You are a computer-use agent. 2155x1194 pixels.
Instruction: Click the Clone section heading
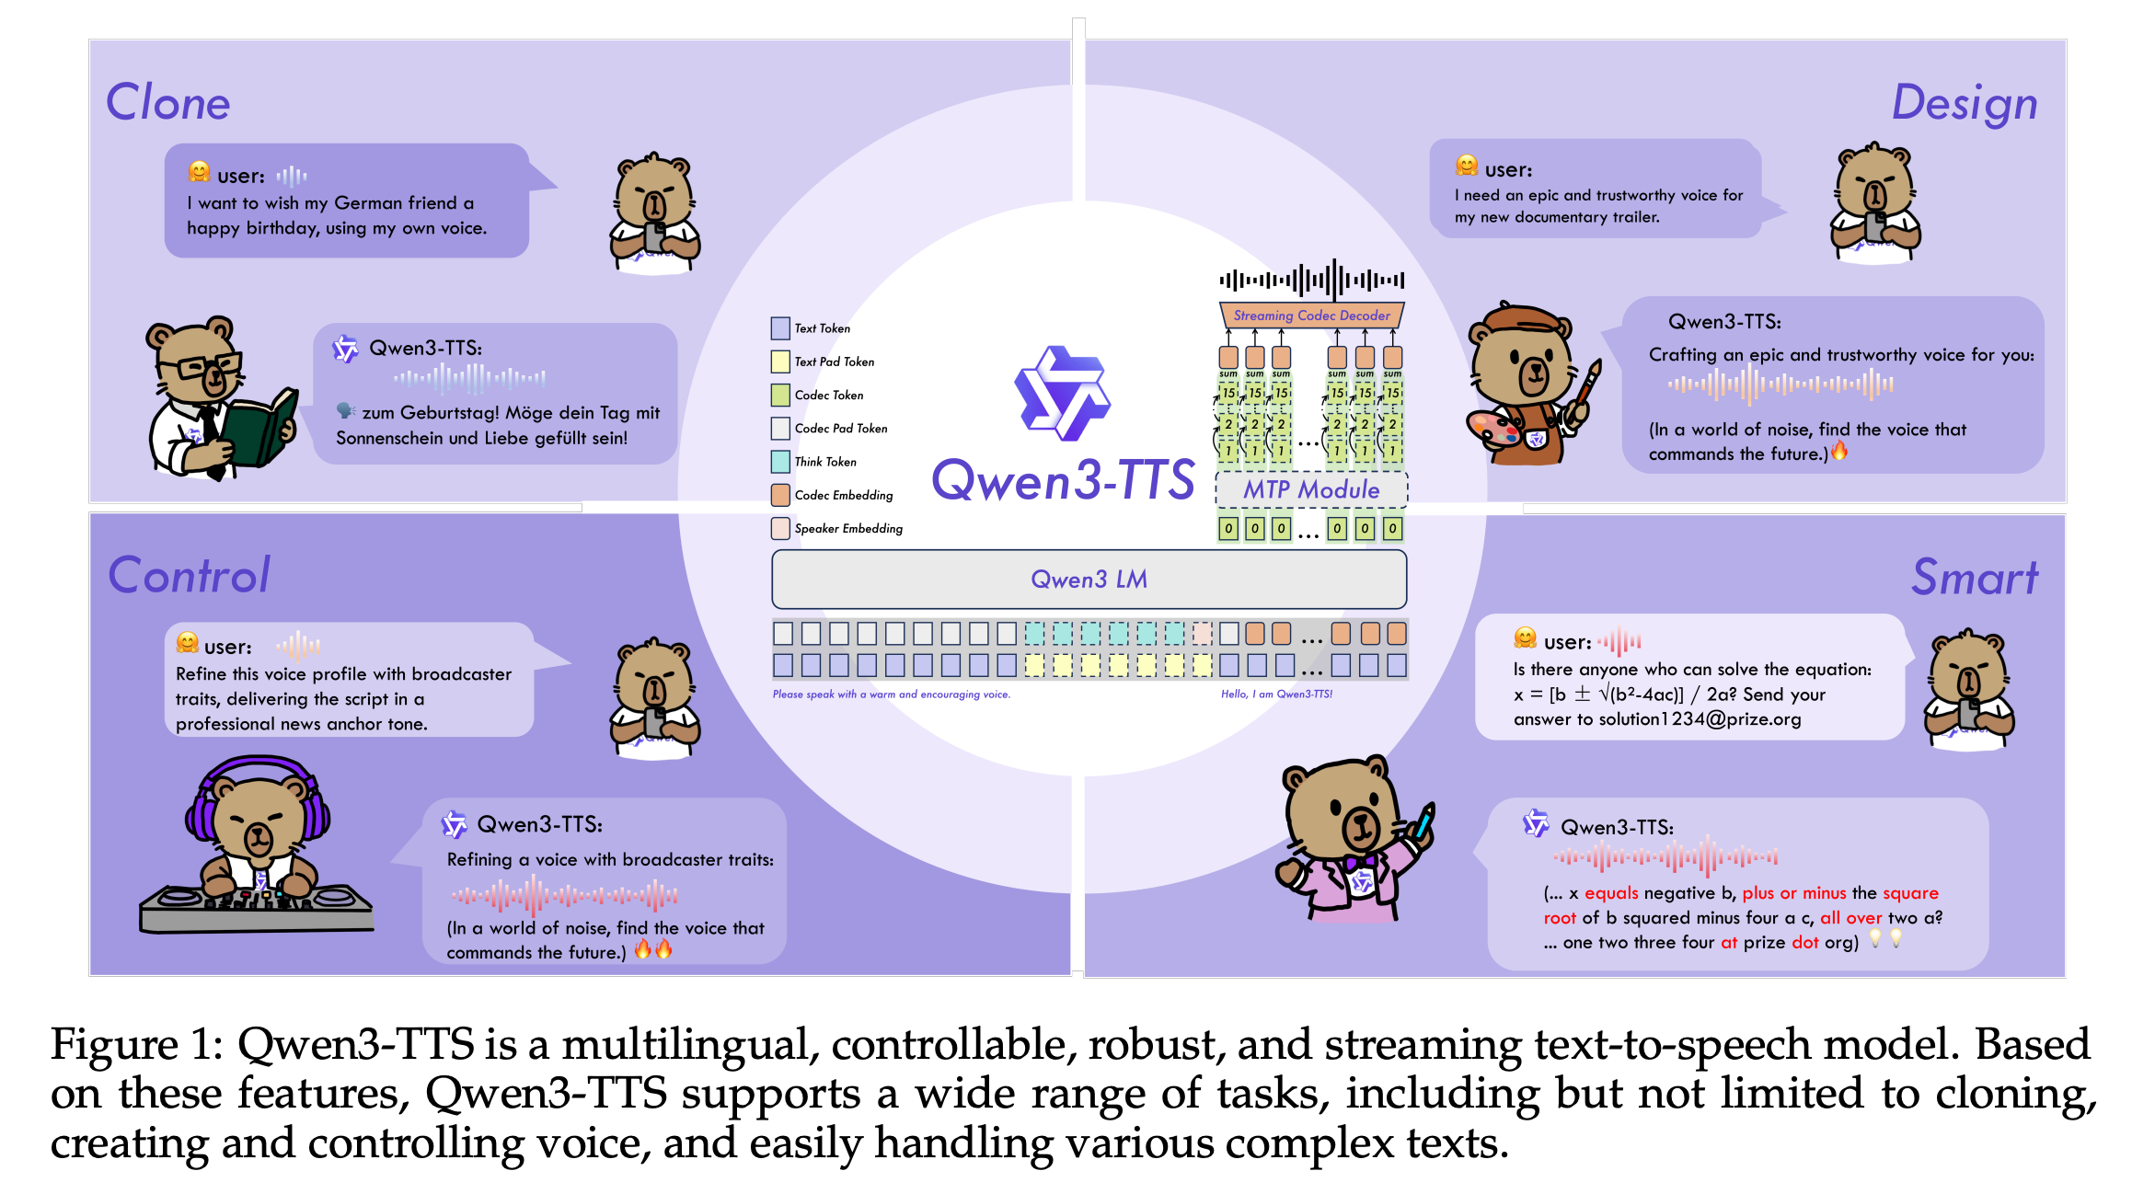click(x=167, y=102)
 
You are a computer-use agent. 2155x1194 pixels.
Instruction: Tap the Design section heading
click(x=1964, y=103)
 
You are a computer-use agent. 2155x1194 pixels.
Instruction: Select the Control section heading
click(x=190, y=576)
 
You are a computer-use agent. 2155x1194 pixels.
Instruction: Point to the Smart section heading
click(x=1975, y=578)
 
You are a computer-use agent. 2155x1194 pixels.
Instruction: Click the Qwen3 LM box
click(x=1089, y=580)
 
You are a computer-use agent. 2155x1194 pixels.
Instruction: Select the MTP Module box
click(x=1311, y=489)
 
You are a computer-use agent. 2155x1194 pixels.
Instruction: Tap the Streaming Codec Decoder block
click(x=1311, y=316)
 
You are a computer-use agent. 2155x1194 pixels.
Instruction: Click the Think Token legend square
click(x=780, y=462)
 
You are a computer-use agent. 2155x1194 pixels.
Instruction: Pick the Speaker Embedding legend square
click(x=780, y=529)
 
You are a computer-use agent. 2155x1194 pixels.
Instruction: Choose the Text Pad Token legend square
click(x=780, y=362)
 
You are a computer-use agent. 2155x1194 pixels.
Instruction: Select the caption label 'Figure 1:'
click(x=137, y=1045)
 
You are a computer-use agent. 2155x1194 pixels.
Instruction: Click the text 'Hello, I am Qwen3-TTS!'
click(x=1276, y=695)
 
